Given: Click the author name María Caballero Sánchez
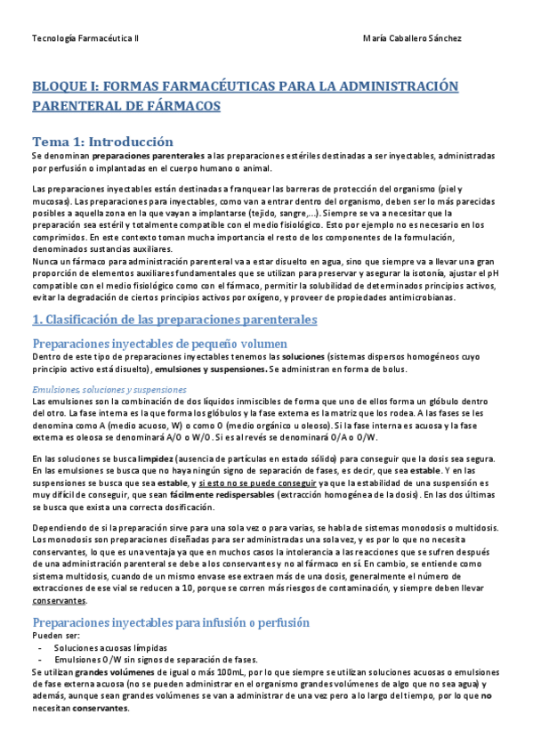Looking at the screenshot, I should coord(413,38).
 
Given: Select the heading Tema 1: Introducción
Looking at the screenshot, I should coord(102,142).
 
